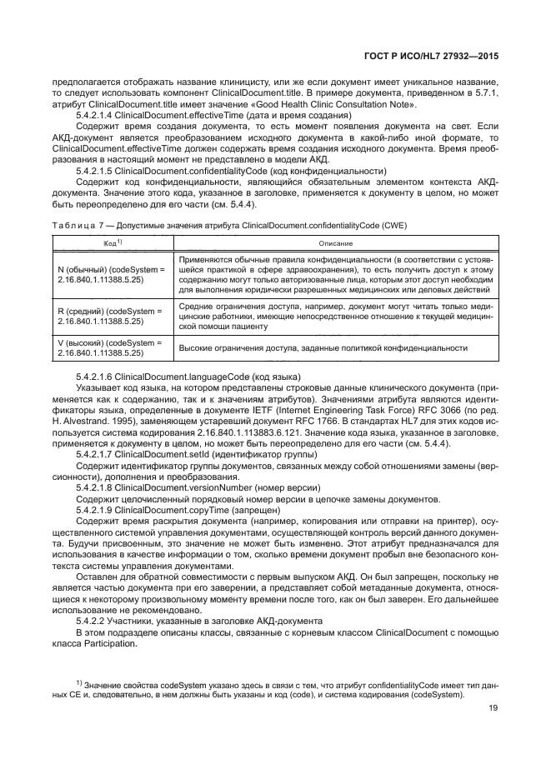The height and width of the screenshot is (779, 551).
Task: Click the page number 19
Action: coord(492,709)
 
